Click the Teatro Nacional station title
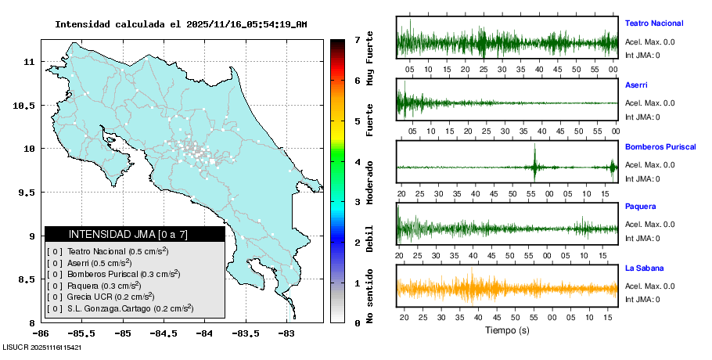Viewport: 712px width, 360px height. (653, 23)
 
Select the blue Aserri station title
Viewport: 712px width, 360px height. (636, 85)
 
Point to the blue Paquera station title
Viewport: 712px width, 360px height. (640, 207)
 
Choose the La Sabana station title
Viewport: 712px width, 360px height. (644, 268)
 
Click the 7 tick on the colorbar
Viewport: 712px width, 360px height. (357, 39)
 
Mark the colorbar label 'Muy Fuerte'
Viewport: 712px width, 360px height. (370, 59)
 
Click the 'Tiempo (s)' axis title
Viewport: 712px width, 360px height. (507, 330)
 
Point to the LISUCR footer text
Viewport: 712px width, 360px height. (42, 346)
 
